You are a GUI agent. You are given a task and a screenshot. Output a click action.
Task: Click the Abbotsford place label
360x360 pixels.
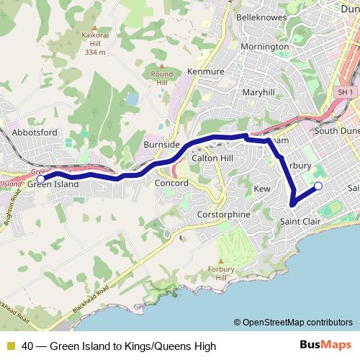(x=35, y=132)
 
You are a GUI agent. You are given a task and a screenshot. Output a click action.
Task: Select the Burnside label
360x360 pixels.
(x=161, y=145)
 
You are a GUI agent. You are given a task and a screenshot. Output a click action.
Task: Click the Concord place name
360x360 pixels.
(x=171, y=184)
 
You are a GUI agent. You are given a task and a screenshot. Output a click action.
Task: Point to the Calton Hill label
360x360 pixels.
(x=212, y=158)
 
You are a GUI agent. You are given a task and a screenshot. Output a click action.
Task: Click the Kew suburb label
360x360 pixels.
(x=262, y=188)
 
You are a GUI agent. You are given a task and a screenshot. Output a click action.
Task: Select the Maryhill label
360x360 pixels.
(x=258, y=93)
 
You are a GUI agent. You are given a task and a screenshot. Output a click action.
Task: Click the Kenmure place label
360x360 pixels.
(x=206, y=73)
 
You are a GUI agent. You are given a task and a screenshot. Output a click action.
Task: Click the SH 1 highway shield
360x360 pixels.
(x=346, y=92)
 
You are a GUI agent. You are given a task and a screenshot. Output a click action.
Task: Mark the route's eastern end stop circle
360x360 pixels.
(x=318, y=187)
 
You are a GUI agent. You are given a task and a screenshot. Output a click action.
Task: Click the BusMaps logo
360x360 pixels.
(x=320, y=345)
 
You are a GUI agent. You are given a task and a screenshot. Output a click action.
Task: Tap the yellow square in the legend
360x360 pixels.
(x=10, y=346)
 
